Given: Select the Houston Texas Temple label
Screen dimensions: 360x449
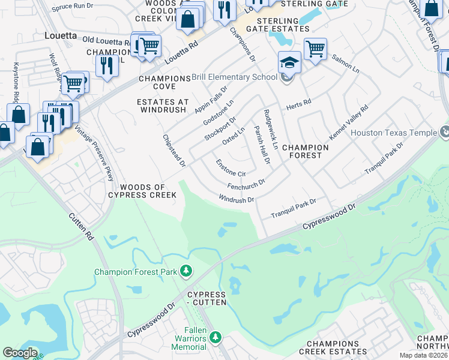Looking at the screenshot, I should point(394,133).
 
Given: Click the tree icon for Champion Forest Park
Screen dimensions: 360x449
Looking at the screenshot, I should point(187,272).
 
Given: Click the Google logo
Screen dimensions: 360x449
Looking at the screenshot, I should point(20,353).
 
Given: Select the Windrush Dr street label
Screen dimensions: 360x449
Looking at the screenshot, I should point(237,199).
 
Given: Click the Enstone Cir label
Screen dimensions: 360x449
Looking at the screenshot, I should point(231,169).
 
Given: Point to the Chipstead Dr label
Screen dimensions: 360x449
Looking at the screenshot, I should point(175,150).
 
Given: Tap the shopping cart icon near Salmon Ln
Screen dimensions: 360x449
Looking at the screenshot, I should point(315,48).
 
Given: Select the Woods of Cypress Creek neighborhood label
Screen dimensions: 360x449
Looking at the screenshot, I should point(142,191).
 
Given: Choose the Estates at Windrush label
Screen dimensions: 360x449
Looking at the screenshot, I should point(163,106).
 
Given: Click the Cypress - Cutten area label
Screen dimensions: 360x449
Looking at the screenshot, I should point(206,298).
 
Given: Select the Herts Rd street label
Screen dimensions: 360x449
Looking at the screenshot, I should point(300,103).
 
